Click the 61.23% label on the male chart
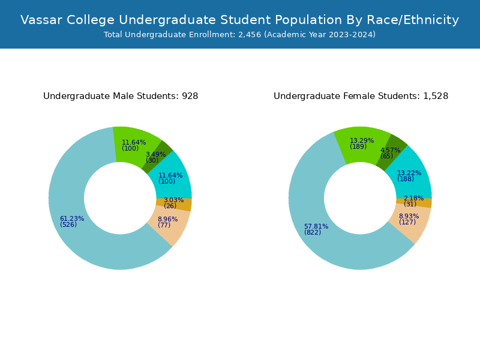click(72, 219)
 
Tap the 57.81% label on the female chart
click(316, 227)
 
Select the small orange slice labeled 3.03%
click(182, 205)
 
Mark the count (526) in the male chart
click(68, 225)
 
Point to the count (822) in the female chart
click(313, 233)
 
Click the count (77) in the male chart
click(164, 226)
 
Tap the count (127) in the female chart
click(407, 222)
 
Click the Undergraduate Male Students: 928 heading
click(121, 96)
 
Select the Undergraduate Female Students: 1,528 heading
click(361, 96)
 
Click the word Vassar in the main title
click(41, 20)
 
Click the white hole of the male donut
click(120, 198)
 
